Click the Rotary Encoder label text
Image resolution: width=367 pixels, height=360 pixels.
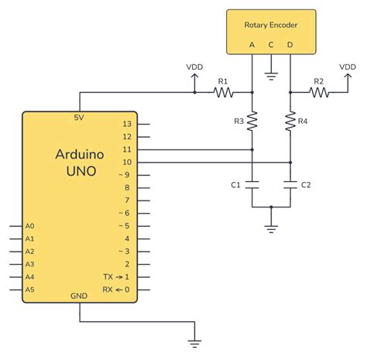270,25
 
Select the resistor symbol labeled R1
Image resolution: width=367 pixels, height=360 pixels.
224,92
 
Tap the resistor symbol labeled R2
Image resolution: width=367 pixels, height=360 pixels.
318,92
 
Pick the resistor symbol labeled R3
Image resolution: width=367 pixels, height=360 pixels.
253,121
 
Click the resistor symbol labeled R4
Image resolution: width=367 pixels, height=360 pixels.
290,121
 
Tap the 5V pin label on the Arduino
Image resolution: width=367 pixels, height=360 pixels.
79,118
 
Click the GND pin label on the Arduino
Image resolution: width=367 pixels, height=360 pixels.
79,295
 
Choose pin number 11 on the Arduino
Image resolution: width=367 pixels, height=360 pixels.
126,149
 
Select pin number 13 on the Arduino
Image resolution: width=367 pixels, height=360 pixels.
126,124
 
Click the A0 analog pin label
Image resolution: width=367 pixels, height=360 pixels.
29,226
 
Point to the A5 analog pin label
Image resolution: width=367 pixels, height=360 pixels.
29,289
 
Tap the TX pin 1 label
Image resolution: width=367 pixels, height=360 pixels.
115,276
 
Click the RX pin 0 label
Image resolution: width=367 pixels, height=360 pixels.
115,289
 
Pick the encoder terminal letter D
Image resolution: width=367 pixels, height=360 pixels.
290,44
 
